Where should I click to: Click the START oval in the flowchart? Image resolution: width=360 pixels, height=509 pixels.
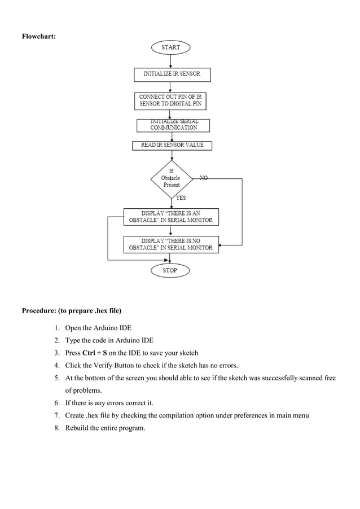[170, 47]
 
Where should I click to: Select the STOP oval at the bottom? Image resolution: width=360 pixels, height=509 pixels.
[170, 270]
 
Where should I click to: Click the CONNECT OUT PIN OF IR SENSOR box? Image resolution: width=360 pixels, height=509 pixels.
[171, 101]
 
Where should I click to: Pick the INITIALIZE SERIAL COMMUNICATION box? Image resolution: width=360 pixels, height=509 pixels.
[173, 125]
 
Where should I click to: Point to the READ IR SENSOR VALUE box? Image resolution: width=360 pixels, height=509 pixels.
[172, 146]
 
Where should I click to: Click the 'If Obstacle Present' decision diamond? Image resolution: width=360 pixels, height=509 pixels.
[171, 178]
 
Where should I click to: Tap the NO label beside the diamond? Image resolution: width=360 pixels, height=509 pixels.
[204, 178]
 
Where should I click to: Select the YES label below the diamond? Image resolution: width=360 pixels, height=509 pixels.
[181, 198]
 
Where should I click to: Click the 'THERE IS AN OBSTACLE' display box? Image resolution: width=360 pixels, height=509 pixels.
[171, 217]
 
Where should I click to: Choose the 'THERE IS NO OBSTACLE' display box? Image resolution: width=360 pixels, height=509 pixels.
[171, 244]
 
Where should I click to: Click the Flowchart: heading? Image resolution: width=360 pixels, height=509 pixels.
[38, 37]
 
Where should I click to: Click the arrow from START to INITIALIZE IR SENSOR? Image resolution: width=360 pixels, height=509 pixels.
[171, 62]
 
